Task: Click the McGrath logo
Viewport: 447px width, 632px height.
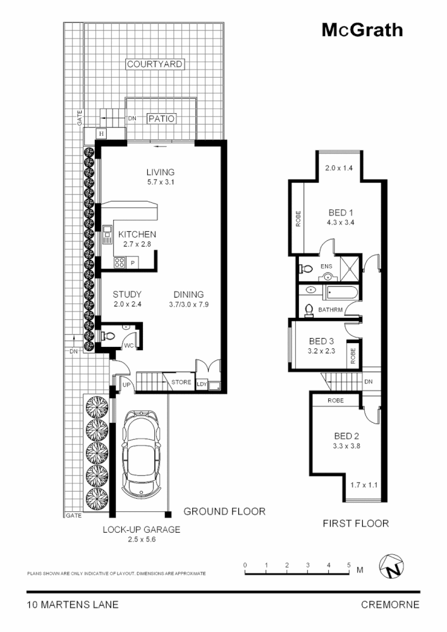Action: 362,30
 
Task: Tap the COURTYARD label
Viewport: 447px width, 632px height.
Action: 155,64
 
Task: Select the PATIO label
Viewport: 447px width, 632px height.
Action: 161,118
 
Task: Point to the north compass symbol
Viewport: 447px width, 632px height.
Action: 393,568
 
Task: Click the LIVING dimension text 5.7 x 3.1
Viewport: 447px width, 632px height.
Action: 160,183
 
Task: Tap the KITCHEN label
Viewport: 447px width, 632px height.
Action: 137,234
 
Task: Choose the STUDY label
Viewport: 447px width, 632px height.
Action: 126,295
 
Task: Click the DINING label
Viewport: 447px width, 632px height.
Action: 189,295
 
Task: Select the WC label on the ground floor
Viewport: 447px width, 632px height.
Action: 128,346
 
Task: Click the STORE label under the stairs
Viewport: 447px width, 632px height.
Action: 181,382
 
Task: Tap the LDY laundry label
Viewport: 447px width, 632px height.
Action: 202,384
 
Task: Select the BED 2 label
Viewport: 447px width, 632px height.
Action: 346,435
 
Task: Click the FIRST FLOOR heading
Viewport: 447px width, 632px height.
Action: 355,523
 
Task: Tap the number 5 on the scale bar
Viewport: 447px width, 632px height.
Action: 348,564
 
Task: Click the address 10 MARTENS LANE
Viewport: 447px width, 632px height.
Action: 73,604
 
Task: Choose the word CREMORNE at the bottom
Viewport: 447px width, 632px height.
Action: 389,604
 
